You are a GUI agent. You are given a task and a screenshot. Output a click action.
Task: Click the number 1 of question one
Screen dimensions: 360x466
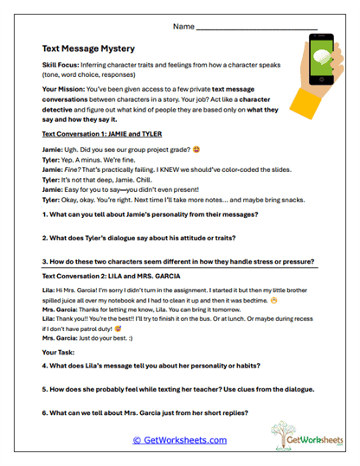pyautogui.click(x=44, y=212)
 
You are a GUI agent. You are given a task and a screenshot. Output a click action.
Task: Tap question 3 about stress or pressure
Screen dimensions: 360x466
pyautogui.click(x=177, y=261)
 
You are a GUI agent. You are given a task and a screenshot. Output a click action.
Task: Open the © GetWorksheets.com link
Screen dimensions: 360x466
pyautogui.click(x=179, y=440)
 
